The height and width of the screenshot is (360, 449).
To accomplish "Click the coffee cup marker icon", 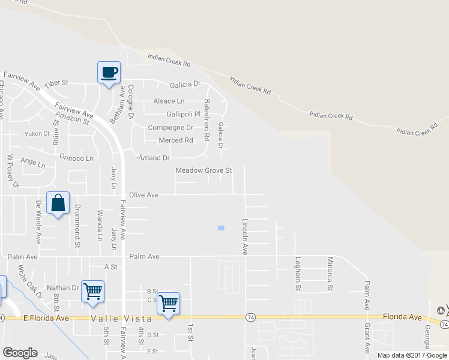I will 109,73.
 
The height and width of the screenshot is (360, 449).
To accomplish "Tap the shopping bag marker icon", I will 58,203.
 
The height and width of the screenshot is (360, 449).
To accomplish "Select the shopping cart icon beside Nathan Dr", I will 92,292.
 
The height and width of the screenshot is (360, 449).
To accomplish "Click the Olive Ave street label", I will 144,195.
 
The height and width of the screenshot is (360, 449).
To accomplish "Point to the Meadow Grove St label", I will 203,170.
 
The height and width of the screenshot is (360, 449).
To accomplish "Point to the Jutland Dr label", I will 154,158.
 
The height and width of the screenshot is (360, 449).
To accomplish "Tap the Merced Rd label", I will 175,140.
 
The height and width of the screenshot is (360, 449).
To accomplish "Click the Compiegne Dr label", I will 170,128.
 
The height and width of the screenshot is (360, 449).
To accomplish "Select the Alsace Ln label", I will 169,101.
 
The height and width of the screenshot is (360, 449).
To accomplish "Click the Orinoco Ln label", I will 76,158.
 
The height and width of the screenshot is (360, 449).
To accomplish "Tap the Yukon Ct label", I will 37,134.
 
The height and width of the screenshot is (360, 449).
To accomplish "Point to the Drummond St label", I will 77,226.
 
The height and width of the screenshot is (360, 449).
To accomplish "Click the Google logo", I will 20,353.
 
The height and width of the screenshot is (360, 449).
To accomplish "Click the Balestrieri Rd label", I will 206,120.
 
